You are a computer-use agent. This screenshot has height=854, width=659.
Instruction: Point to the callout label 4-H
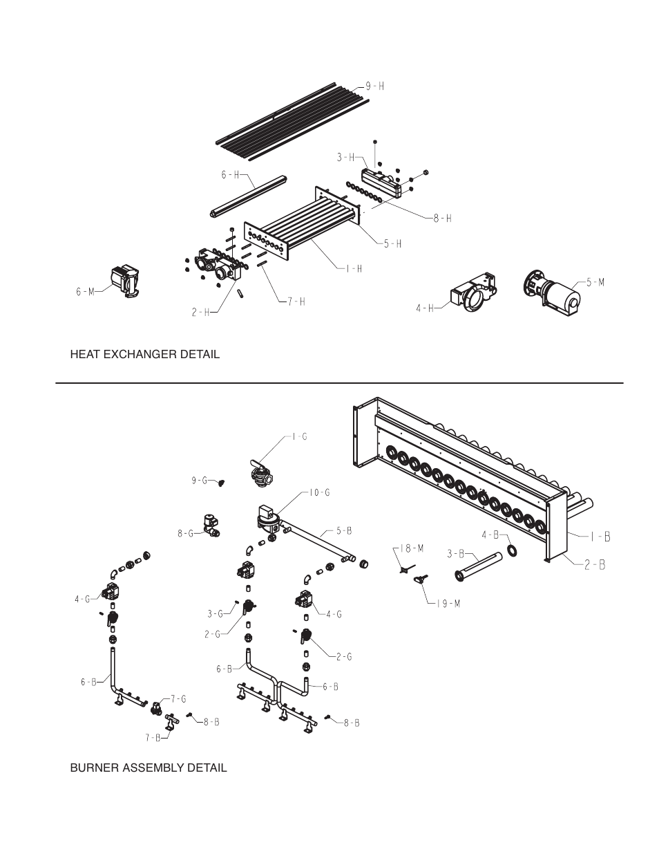click(x=424, y=308)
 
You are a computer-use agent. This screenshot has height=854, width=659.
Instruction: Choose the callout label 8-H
click(x=442, y=218)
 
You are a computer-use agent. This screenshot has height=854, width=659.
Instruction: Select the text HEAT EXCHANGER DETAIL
click(x=144, y=354)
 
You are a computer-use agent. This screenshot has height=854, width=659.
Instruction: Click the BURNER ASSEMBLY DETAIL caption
click(x=148, y=768)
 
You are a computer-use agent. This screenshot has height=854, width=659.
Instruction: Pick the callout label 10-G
click(x=319, y=493)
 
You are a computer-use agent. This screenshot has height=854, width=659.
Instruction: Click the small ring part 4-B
click(x=512, y=550)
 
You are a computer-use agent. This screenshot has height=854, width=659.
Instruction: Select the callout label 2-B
click(x=595, y=564)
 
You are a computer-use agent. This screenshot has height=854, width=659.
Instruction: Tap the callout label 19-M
click(x=448, y=603)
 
